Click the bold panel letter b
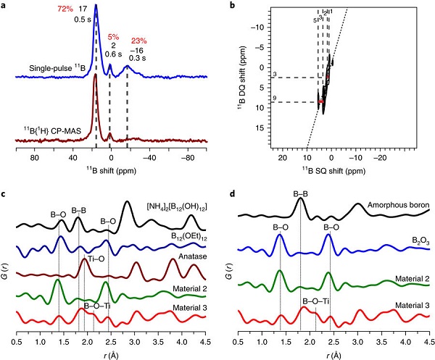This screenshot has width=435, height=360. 230,6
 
